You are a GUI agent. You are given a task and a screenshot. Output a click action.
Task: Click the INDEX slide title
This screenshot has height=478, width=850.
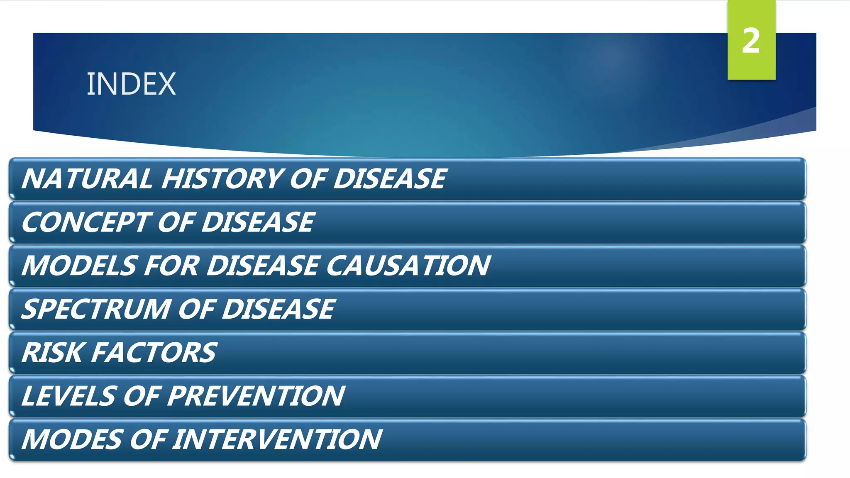click(x=131, y=84)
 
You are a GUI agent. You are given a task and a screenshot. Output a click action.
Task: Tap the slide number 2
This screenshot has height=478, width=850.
click(x=751, y=41)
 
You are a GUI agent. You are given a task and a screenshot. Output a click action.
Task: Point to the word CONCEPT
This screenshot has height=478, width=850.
click(x=85, y=222)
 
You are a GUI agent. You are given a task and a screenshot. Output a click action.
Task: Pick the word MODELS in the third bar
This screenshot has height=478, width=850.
click(x=79, y=266)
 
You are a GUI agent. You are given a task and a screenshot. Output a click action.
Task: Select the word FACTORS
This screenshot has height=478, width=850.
click(x=154, y=353)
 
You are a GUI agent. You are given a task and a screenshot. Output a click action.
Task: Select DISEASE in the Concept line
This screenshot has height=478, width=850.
click(x=258, y=222)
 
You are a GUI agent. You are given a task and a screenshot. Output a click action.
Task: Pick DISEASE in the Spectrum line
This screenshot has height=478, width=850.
click(x=278, y=310)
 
